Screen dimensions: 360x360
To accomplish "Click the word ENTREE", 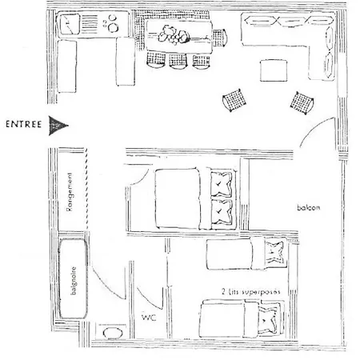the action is click(24, 124).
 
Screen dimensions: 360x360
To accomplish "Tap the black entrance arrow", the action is click(58, 126).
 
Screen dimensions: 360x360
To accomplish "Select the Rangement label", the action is click(70, 192).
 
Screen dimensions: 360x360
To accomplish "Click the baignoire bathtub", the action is click(73, 278).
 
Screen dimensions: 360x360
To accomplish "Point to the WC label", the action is click(149, 318).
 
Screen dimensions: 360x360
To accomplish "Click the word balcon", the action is click(309, 207).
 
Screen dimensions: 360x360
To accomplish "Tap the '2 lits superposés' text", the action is click(251, 291).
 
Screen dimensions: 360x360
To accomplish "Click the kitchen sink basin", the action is click(70, 24).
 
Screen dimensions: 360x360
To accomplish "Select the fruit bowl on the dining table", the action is click(174, 35).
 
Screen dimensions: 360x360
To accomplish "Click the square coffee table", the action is click(274, 70).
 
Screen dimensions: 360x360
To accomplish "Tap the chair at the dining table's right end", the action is click(220, 38).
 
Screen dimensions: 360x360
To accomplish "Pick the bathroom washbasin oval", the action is click(113, 333).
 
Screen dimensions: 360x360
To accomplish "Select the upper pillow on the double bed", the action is click(222, 184).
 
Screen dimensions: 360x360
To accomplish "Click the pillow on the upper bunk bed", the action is click(275, 252).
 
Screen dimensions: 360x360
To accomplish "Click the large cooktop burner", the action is click(114, 27).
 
